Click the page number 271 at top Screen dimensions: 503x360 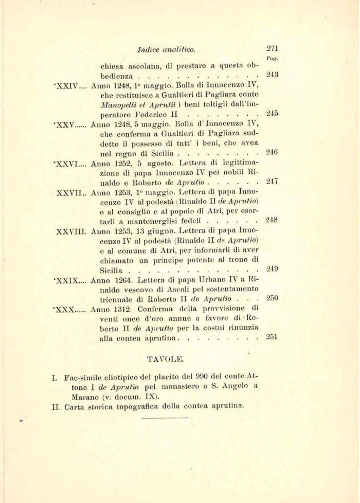[x=273, y=49]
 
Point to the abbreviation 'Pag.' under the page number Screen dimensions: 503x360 [x=272, y=60]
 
